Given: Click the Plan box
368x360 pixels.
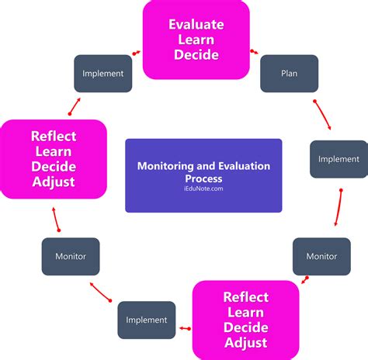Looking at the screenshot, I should pos(289,74).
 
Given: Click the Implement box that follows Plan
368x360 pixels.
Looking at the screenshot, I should pos(338,159).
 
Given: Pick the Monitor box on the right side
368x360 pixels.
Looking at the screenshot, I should pos(321,256).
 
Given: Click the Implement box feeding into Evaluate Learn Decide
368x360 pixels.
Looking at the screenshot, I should pos(102,74).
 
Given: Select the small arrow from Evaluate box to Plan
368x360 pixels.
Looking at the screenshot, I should pos(255,53).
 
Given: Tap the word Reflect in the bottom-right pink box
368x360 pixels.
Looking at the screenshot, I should pos(245,297).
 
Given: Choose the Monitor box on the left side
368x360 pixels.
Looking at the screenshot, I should pos(70,256).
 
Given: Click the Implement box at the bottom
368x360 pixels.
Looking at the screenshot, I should pos(146,320).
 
